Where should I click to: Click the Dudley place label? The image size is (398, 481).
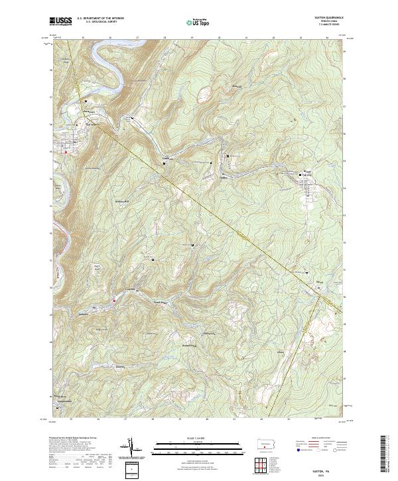tap(224, 176)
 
